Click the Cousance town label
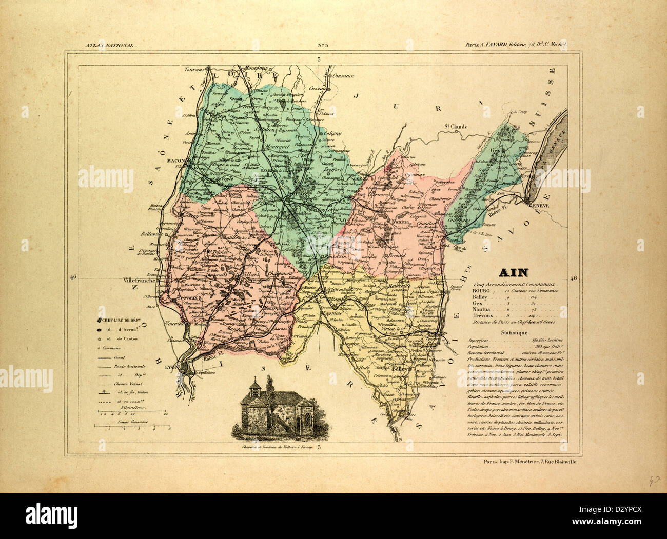[343, 76]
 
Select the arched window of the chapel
[306, 421]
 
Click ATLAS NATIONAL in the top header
[109, 45]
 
